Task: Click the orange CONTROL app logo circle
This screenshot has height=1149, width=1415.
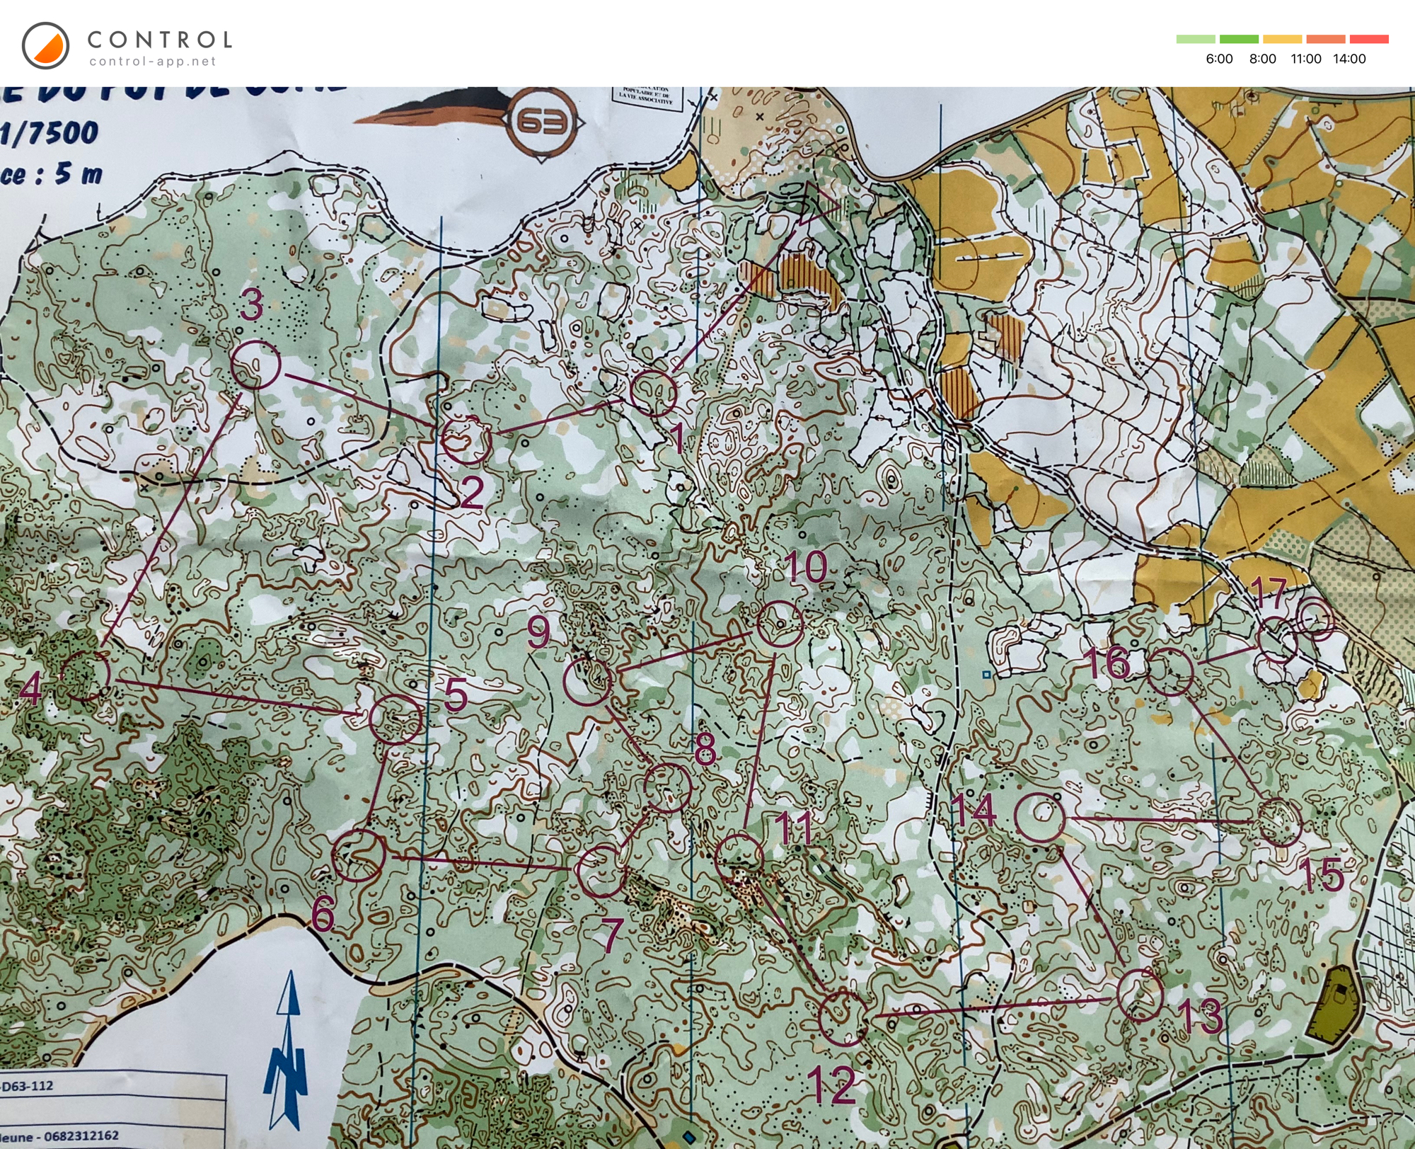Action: pos(45,46)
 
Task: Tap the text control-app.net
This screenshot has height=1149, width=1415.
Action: pos(152,62)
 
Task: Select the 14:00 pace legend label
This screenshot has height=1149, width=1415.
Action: pos(1349,59)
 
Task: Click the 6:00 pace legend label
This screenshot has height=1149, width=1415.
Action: pos(1219,59)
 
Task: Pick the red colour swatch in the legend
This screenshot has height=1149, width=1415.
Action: pos(1369,39)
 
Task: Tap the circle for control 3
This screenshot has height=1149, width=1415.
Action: pos(256,365)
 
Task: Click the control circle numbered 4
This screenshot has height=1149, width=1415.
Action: pos(86,676)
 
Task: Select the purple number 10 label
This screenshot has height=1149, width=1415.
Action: pos(805,567)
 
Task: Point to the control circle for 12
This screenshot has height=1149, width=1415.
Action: pos(843,1018)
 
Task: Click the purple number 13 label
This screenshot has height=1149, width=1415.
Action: pos(1201,1017)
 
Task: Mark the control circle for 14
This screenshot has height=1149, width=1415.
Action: pos(1039,817)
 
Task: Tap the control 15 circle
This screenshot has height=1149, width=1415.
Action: pos(1280,822)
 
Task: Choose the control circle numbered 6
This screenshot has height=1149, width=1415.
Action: pos(359,855)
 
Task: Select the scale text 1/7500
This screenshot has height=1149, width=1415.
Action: pos(50,132)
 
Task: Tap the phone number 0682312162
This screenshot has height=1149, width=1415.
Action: pos(81,1136)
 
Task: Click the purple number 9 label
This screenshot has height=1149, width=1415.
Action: pos(539,631)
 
